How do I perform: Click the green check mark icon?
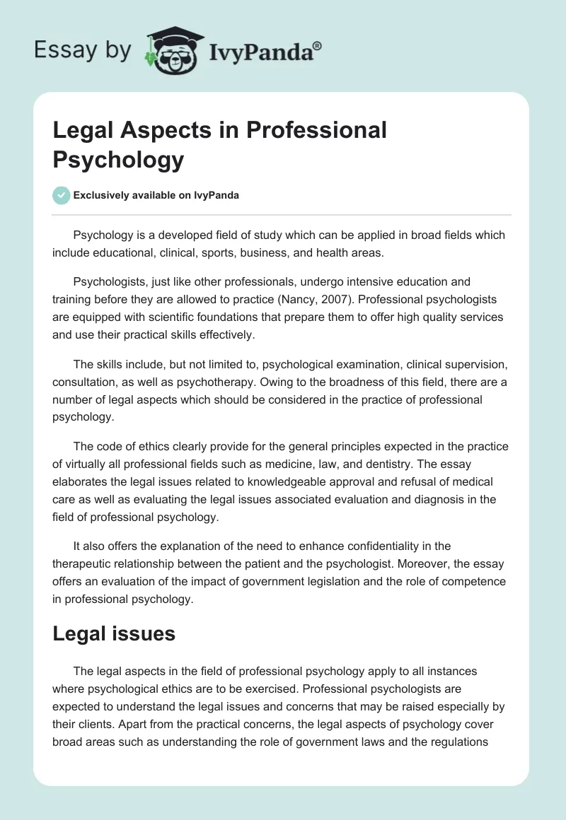click(61, 195)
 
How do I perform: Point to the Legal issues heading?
click(114, 633)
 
